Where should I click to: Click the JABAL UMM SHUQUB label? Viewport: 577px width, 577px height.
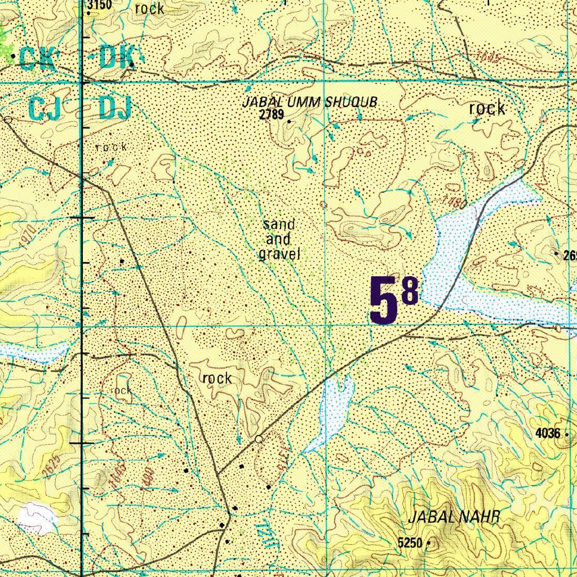[309, 103]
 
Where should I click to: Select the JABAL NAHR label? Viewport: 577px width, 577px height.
[454, 517]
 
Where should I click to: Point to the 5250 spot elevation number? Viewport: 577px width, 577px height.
[410, 543]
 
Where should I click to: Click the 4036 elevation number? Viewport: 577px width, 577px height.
[548, 433]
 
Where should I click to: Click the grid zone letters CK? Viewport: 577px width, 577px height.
[36, 59]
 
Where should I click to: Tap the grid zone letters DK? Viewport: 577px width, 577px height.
[116, 58]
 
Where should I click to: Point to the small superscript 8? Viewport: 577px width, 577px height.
[410, 292]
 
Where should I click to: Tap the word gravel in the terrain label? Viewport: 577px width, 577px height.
[279, 254]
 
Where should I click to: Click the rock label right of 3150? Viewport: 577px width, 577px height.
[149, 8]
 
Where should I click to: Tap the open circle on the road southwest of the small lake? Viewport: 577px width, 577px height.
[259, 439]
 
